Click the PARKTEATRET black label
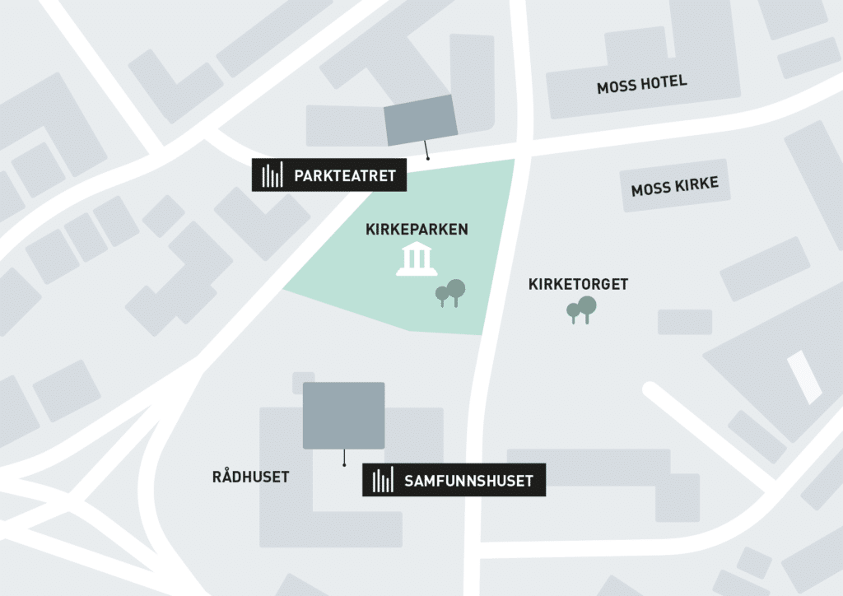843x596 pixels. click(x=329, y=175)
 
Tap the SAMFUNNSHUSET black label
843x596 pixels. click(x=454, y=481)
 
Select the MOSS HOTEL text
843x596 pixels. click(x=641, y=84)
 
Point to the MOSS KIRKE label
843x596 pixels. click(x=674, y=187)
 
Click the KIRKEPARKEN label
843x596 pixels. click(x=417, y=230)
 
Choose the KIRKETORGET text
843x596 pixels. click(x=578, y=285)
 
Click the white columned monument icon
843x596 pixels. click(x=416, y=260)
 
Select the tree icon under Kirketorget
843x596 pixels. click(x=581, y=310)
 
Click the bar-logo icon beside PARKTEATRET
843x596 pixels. click(x=272, y=175)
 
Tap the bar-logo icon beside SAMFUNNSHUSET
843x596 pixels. click(x=383, y=481)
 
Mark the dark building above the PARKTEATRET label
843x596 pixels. click(x=421, y=119)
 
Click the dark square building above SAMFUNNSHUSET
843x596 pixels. click(x=343, y=416)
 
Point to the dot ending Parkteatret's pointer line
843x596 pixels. click(x=427, y=157)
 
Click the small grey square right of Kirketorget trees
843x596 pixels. click(x=684, y=322)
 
